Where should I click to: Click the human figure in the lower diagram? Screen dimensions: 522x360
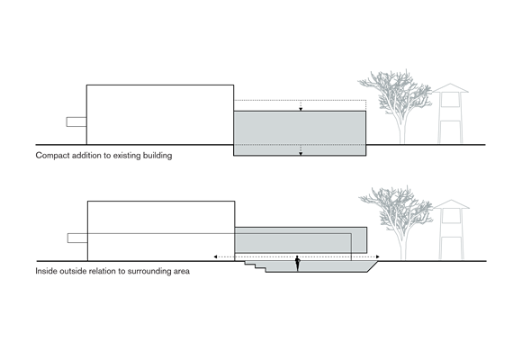[298, 264]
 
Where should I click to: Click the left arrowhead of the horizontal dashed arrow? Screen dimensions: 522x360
[215, 256]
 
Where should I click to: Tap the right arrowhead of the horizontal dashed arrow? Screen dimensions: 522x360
[377, 256]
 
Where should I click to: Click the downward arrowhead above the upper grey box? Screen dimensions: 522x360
[301, 109]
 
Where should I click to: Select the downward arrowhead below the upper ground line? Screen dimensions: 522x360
[301, 154]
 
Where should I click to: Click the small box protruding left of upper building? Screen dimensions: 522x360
[76, 121]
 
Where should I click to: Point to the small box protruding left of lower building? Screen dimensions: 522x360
[77, 238]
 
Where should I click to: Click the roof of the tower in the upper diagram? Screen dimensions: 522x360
[450, 88]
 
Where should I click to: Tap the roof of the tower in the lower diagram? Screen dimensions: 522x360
[452, 204]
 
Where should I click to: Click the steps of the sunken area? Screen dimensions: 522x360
[256, 266]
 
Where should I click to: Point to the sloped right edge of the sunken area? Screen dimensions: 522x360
[373, 266]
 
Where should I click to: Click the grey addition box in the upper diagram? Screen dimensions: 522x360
[300, 133]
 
